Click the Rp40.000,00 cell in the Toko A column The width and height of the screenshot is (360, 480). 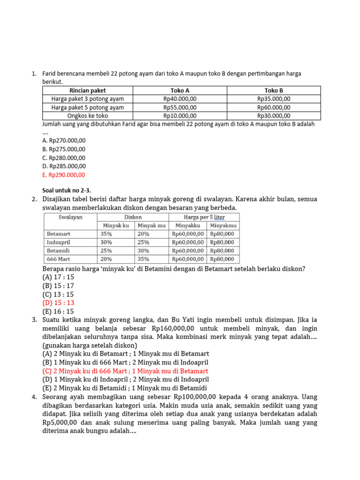tap(180, 99)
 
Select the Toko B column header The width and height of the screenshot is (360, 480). tap(274, 90)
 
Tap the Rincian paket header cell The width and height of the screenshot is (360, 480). tap(87, 90)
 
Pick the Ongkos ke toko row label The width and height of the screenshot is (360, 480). tap(87, 116)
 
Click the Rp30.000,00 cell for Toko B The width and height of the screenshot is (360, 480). tap(274, 116)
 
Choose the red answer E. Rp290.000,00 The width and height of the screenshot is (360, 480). tap(64, 175)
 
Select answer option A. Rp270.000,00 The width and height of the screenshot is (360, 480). tap(64, 140)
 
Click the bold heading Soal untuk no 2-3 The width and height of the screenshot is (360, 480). tap(67, 190)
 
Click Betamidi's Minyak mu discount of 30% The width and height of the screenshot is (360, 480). tap(143, 251)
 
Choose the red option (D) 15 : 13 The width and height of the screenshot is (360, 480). tap(58, 303)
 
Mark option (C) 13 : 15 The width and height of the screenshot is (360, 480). tap(58, 294)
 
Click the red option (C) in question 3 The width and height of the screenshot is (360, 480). tap(125, 371)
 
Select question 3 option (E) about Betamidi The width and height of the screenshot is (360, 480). tap(124, 388)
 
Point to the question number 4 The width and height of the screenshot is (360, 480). tap(34, 397)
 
